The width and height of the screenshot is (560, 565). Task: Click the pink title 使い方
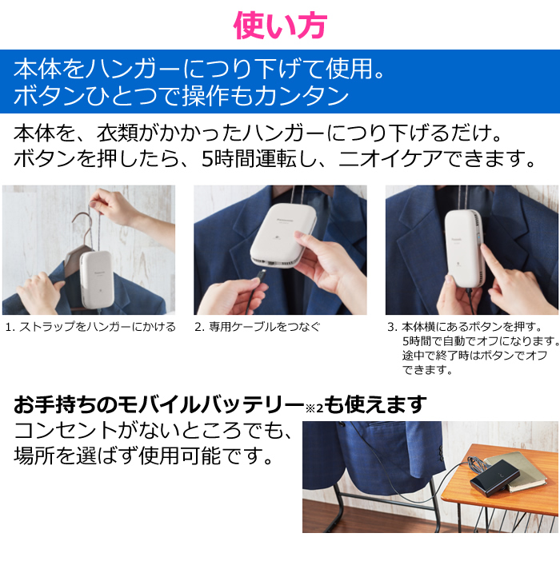click(x=280, y=26)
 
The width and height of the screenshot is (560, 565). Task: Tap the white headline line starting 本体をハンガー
click(x=199, y=69)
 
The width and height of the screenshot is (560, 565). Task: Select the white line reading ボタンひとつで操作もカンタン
click(x=181, y=96)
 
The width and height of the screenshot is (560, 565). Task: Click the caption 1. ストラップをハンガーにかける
click(x=90, y=327)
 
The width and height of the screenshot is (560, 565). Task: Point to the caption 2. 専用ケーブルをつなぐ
click(x=258, y=327)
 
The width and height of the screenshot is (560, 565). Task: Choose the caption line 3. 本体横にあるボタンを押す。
click(x=465, y=327)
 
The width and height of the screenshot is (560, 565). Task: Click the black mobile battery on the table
click(x=494, y=478)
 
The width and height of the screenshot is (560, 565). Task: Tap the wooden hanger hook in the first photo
click(x=85, y=224)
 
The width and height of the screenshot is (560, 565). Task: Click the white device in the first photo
click(x=97, y=279)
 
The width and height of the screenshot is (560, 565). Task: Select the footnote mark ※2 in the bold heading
click(x=314, y=408)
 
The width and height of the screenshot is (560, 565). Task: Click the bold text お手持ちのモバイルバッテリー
click(x=158, y=404)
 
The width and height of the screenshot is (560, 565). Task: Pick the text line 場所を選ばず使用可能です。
click(x=143, y=456)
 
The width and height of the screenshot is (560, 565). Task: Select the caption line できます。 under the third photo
click(x=427, y=370)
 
